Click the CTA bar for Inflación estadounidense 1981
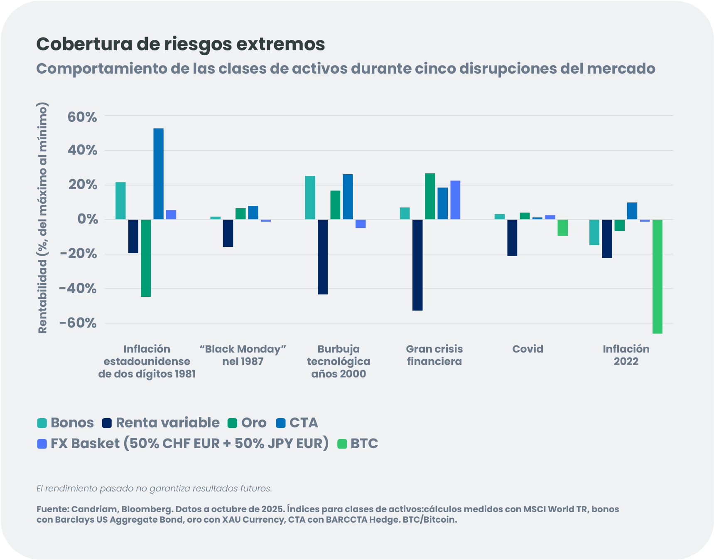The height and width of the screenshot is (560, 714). [158, 174]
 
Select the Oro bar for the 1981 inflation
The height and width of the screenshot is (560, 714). [146, 258]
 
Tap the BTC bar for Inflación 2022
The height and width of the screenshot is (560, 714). [657, 276]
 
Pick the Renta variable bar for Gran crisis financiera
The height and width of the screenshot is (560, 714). [417, 265]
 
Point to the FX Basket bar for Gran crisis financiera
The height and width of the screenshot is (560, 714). [455, 200]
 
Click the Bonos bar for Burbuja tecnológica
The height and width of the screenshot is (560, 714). [310, 197]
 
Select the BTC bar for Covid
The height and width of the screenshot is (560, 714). [562, 228]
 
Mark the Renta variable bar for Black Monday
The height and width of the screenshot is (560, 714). [228, 233]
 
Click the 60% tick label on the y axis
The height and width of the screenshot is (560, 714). [82, 117]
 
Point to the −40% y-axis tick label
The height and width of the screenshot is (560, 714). [78, 289]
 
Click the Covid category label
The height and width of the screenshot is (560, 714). [528, 349]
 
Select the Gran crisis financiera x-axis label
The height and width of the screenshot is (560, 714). [434, 355]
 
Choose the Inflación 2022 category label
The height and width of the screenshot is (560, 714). [626, 355]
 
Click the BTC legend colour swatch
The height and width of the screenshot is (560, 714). [342, 444]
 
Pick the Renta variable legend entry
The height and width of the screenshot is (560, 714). [167, 423]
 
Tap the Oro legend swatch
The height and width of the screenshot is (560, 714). [232, 423]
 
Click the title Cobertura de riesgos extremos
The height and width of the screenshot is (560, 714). [180, 44]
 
